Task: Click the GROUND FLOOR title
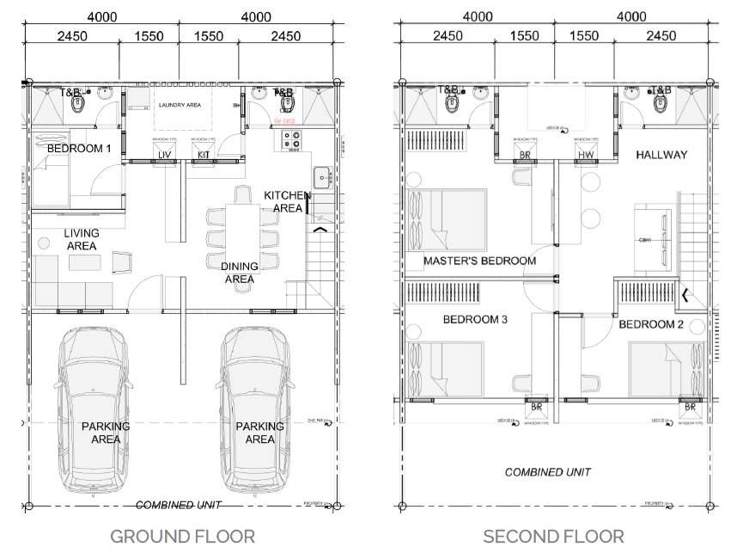click(182, 536)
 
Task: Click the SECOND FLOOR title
click(553, 536)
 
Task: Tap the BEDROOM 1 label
click(79, 148)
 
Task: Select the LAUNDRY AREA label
click(180, 105)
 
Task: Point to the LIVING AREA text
click(82, 239)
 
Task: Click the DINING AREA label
click(239, 273)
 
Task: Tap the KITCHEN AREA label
click(287, 202)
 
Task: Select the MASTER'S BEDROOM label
click(479, 261)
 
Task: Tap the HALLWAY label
click(661, 155)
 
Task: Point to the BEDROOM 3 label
click(475, 320)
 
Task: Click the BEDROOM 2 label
click(651, 324)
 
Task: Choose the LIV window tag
click(165, 155)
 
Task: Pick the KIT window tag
click(204, 155)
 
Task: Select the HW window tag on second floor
click(586, 156)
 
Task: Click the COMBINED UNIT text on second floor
click(548, 472)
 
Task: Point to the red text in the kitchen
click(284, 121)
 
